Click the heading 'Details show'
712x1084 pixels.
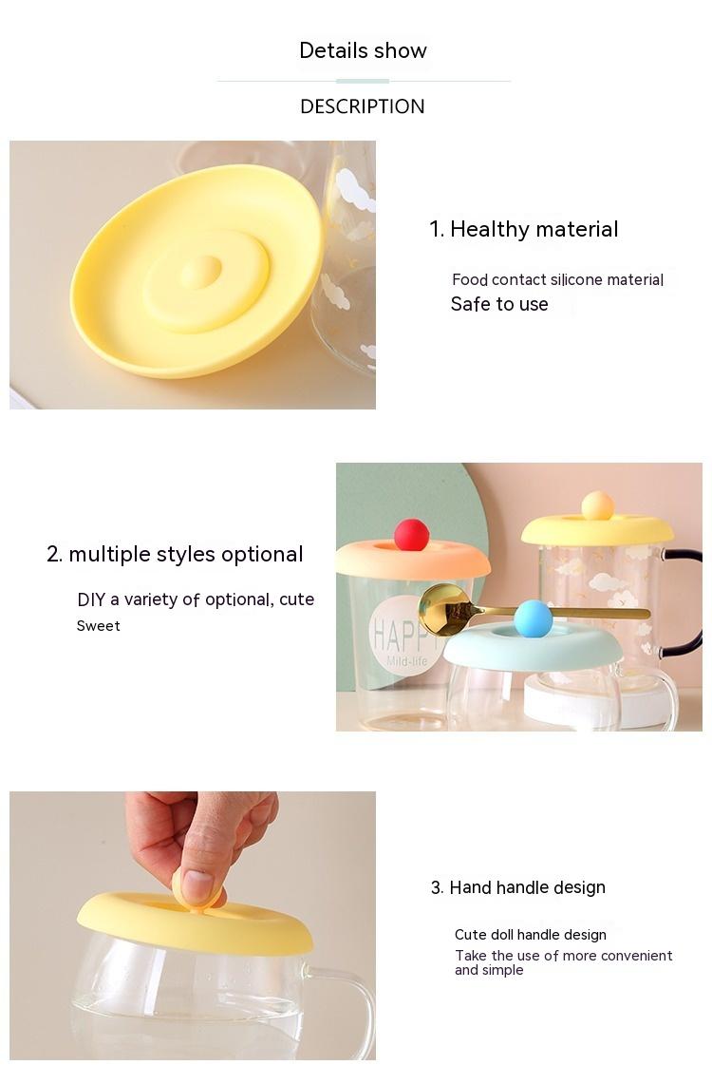(x=363, y=50)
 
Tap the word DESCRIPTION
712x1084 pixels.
(x=363, y=106)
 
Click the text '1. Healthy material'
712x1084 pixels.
(x=523, y=229)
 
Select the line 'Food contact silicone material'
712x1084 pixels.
(x=557, y=279)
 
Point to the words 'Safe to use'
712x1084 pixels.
(x=499, y=304)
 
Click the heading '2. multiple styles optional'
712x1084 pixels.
(x=175, y=555)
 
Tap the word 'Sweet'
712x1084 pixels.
(x=98, y=626)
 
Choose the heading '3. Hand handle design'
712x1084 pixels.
(x=518, y=887)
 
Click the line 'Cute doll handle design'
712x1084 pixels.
(x=531, y=935)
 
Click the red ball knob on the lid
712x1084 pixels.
(x=412, y=534)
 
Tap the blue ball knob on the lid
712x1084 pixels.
(x=534, y=618)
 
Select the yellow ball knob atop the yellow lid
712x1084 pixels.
(x=597, y=505)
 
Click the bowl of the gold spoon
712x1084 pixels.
(x=444, y=610)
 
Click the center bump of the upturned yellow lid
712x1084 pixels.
(x=201, y=271)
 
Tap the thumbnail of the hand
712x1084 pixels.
(x=197, y=885)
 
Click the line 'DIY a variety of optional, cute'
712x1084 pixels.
(x=196, y=599)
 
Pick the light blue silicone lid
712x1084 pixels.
(x=532, y=647)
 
